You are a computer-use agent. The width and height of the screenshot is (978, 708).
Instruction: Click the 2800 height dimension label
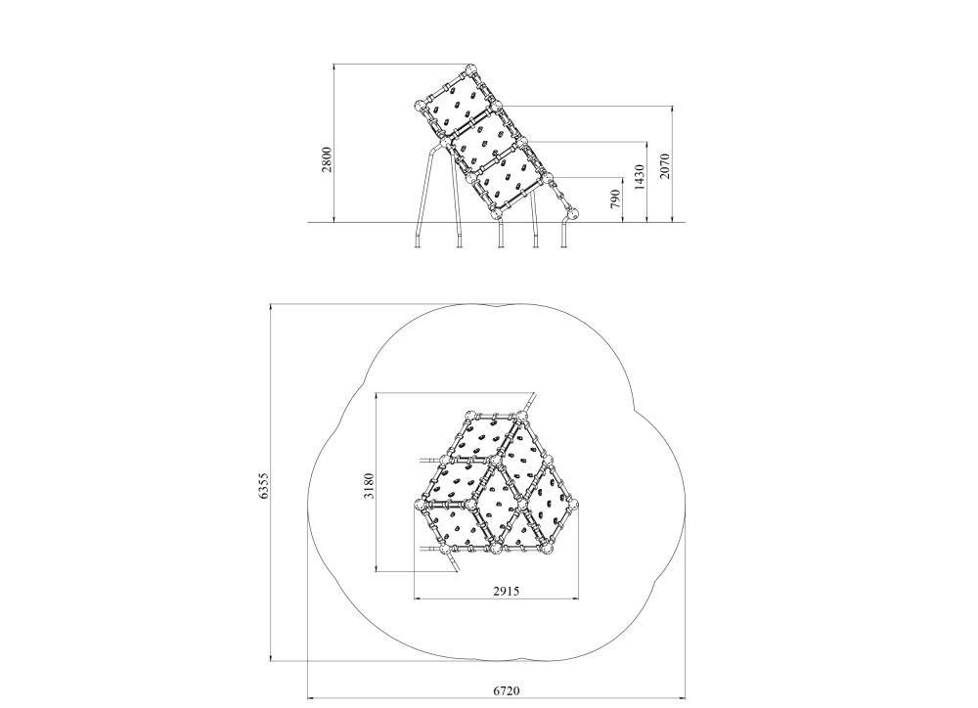327,159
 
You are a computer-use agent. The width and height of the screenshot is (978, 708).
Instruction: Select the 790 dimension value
615,199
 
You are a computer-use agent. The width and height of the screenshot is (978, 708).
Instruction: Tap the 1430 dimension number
640,178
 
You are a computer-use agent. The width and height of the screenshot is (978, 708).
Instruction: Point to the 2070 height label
664,166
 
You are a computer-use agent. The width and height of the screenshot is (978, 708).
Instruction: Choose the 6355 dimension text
263,485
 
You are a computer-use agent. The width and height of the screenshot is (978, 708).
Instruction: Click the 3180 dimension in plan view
369,485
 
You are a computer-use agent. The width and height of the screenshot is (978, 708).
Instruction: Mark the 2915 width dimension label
506,590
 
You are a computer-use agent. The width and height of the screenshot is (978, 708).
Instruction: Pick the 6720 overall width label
506,690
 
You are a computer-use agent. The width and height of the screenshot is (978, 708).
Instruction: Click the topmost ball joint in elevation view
470,68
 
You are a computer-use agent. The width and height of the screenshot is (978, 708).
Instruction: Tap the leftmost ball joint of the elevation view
421,105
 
